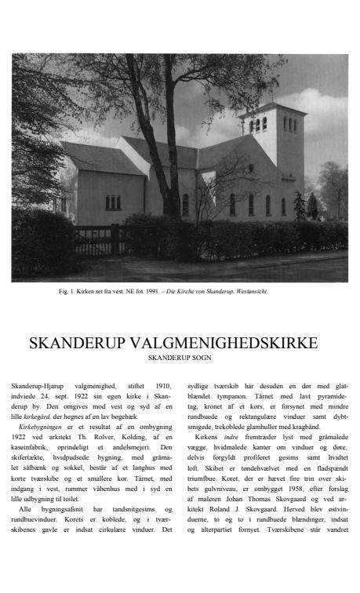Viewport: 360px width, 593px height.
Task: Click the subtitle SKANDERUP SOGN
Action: click(180, 358)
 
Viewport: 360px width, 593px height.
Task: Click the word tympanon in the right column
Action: click(223, 395)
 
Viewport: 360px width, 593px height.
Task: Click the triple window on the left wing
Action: click(113, 202)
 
